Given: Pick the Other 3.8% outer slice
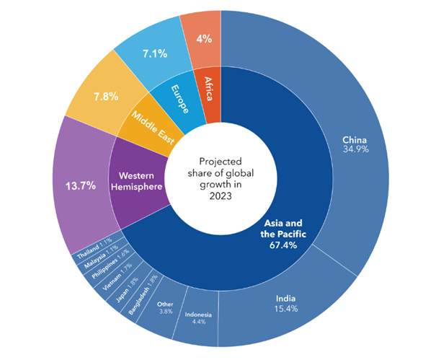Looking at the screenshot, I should [165, 308].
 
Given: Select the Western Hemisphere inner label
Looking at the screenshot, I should [135, 181].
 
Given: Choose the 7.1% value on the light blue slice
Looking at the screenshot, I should [154, 53].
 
